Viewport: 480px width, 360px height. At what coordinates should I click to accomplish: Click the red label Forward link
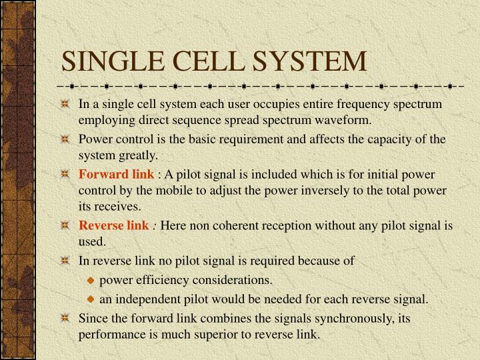116,175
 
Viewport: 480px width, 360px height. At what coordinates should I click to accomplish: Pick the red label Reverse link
114,226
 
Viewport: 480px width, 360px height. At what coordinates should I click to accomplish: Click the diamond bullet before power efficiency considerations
92,280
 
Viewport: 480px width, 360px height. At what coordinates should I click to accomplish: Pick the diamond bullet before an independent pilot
92,299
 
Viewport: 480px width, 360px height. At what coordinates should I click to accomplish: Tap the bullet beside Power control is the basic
65,140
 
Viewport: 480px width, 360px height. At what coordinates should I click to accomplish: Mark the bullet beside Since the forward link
65,319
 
